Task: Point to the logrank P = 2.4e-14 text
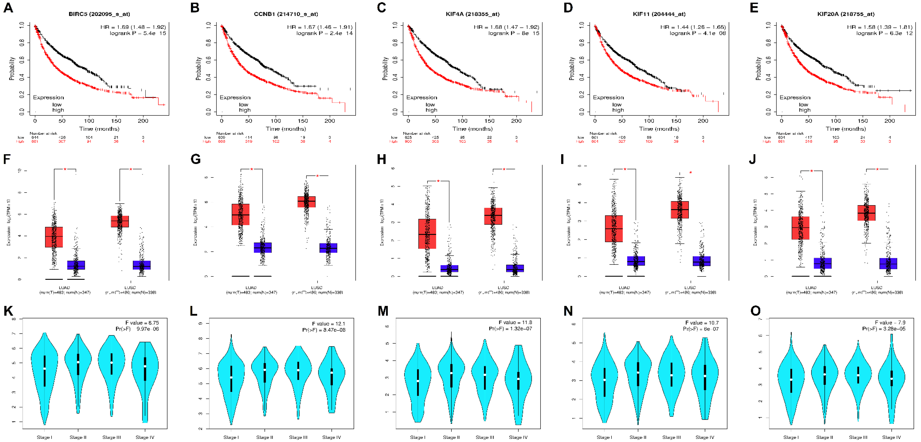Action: (x=324, y=33)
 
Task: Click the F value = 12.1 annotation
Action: (x=328, y=323)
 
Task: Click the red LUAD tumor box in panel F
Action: (x=54, y=237)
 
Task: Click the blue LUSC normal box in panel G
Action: (x=328, y=248)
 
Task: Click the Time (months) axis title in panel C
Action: (x=472, y=129)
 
